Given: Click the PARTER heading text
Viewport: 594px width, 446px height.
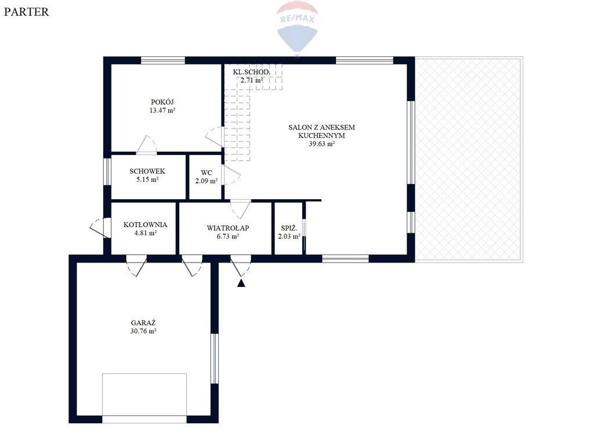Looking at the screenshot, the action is (x=27, y=12).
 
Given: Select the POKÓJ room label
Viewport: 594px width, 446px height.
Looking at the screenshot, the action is (x=162, y=102).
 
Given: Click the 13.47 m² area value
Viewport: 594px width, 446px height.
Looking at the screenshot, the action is (x=162, y=110).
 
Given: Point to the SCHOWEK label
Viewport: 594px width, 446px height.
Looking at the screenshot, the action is (x=147, y=171).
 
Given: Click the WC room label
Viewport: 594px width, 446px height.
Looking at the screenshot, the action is (x=207, y=173).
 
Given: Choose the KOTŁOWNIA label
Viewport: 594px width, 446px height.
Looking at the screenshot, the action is (x=145, y=225).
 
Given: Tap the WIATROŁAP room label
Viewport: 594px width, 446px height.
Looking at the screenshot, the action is (x=227, y=228).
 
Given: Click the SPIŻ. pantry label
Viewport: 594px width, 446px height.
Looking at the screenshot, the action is (x=289, y=228).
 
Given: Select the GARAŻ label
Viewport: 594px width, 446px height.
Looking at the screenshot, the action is (x=143, y=323).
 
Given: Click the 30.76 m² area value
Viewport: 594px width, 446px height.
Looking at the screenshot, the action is (x=143, y=331).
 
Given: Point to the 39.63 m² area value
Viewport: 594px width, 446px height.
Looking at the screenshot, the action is (x=321, y=144).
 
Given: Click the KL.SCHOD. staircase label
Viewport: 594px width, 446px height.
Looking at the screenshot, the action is (x=252, y=72).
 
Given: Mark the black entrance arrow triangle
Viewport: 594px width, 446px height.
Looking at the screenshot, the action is (x=241, y=283).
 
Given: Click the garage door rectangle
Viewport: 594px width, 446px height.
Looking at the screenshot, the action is (x=144, y=398).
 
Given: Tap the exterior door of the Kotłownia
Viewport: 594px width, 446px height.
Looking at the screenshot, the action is (x=99, y=228).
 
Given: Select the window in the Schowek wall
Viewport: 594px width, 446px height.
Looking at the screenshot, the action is (x=107, y=172).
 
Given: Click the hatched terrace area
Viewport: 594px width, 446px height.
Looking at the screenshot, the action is (x=469, y=159).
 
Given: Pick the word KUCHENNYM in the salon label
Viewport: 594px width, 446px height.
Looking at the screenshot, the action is (x=321, y=135).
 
